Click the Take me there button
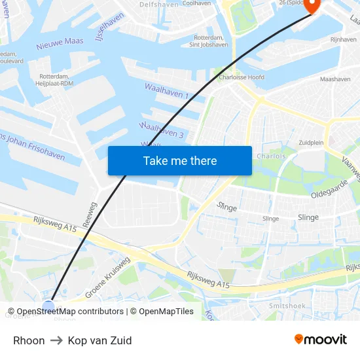(179, 160)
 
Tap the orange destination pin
(311, 5)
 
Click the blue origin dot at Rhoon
(48, 306)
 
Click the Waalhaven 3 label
(161, 130)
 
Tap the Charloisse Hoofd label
(242, 77)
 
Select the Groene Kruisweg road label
(107, 278)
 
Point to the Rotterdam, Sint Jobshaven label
(209, 41)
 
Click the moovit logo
(320, 339)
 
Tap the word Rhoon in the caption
(29, 340)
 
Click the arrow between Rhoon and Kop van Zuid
(56, 340)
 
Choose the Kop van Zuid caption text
(99, 340)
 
